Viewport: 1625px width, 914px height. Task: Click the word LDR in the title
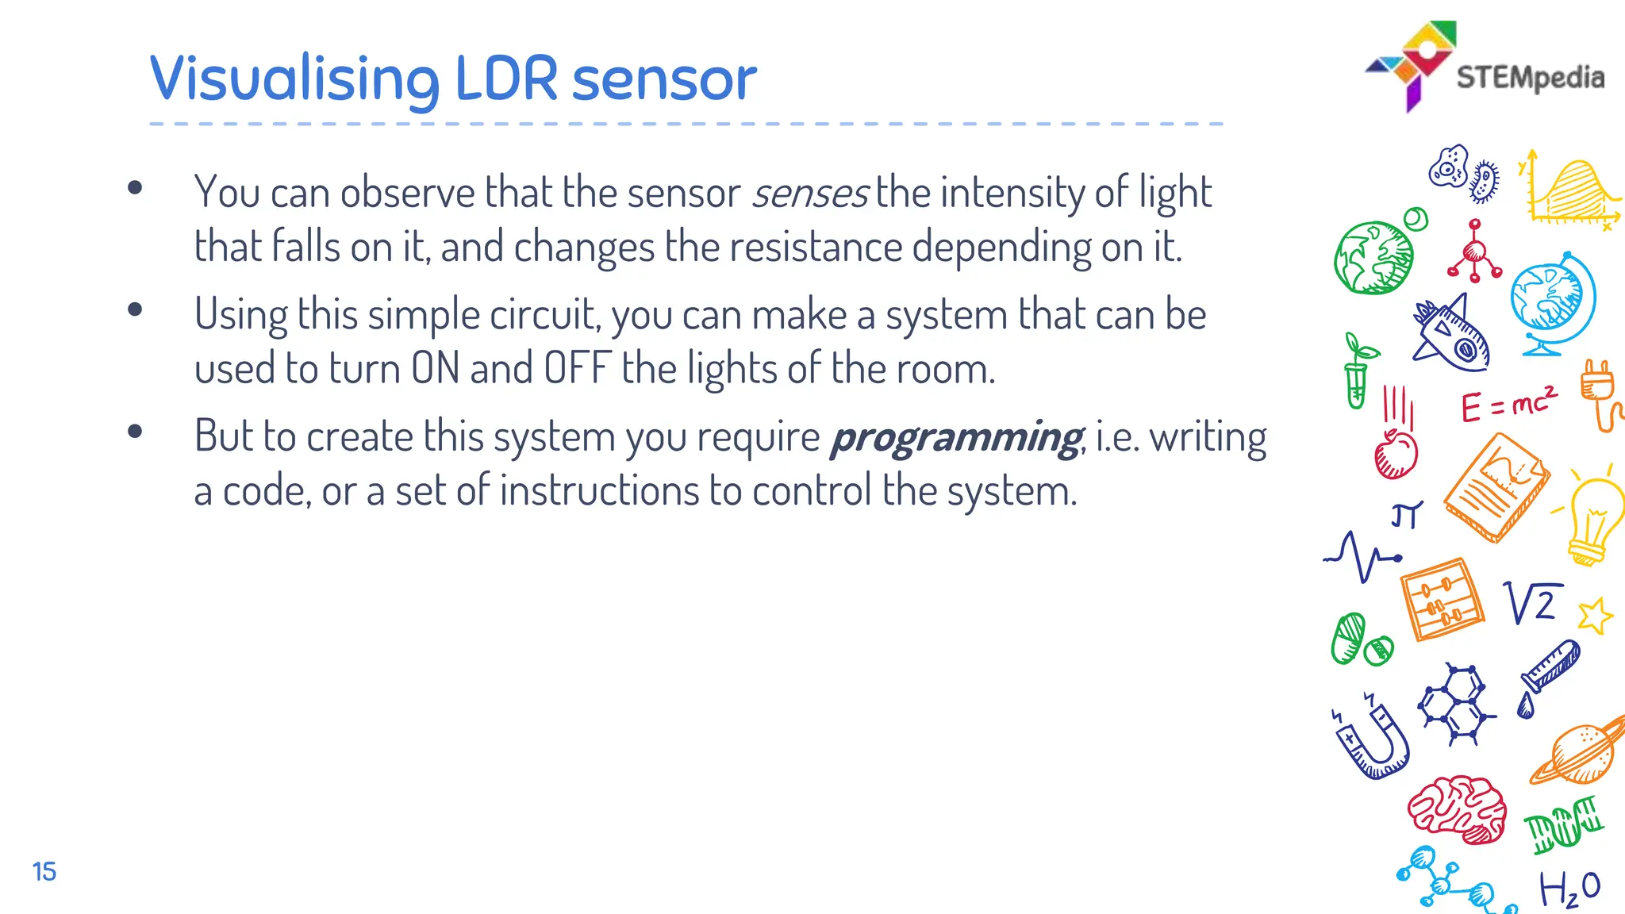tap(505, 79)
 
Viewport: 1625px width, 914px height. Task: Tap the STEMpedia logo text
tap(1530, 78)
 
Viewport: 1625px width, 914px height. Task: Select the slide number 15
tap(44, 871)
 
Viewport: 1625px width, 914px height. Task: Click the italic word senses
tap(810, 194)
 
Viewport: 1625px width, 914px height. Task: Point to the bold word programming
tap(955, 438)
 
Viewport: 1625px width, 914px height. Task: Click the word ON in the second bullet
tap(436, 369)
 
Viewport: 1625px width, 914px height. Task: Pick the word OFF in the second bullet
tap(577, 369)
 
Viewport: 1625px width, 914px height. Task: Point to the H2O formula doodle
tap(1569, 888)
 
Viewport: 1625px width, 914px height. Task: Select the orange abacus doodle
tap(1441, 600)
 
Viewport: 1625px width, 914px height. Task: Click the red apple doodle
tap(1396, 454)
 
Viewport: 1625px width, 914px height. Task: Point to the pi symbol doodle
tap(1406, 515)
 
